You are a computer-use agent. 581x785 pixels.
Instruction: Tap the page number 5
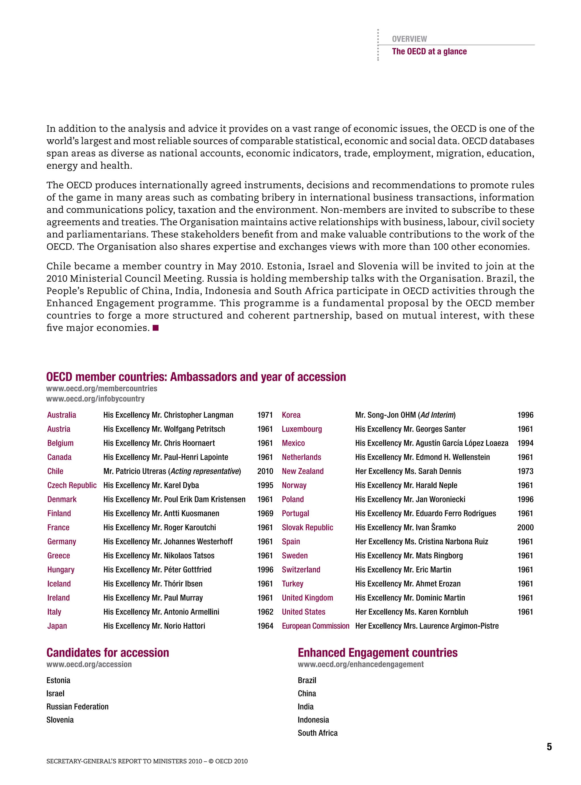[x=549, y=747]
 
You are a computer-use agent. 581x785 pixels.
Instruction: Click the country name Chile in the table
[x=55, y=471]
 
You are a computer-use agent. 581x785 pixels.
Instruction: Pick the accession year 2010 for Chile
[x=265, y=471]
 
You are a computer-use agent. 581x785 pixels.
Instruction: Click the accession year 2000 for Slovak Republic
[x=525, y=527]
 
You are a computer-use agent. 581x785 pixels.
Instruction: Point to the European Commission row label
[x=315, y=626]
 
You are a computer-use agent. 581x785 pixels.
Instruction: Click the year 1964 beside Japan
[x=265, y=626]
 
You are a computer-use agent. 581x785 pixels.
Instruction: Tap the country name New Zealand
[x=302, y=471]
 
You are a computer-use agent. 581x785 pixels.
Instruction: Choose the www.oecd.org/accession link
[x=89, y=664]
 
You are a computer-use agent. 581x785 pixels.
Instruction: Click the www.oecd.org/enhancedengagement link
[x=361, y=664]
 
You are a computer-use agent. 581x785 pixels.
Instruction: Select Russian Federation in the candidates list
[x=77, y=707]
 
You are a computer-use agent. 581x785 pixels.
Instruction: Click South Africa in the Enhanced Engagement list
[x=317, y=733]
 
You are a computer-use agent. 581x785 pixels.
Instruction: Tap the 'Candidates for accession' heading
[x=108, y=653]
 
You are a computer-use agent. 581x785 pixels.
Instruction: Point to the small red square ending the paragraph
[x=156, y=328]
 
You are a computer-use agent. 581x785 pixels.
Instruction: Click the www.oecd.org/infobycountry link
[x=95, y=399]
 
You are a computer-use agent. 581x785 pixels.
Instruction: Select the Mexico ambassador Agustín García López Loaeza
[x=462, y=443]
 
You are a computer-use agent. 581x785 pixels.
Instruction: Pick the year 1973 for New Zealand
[x=525, y=471]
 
